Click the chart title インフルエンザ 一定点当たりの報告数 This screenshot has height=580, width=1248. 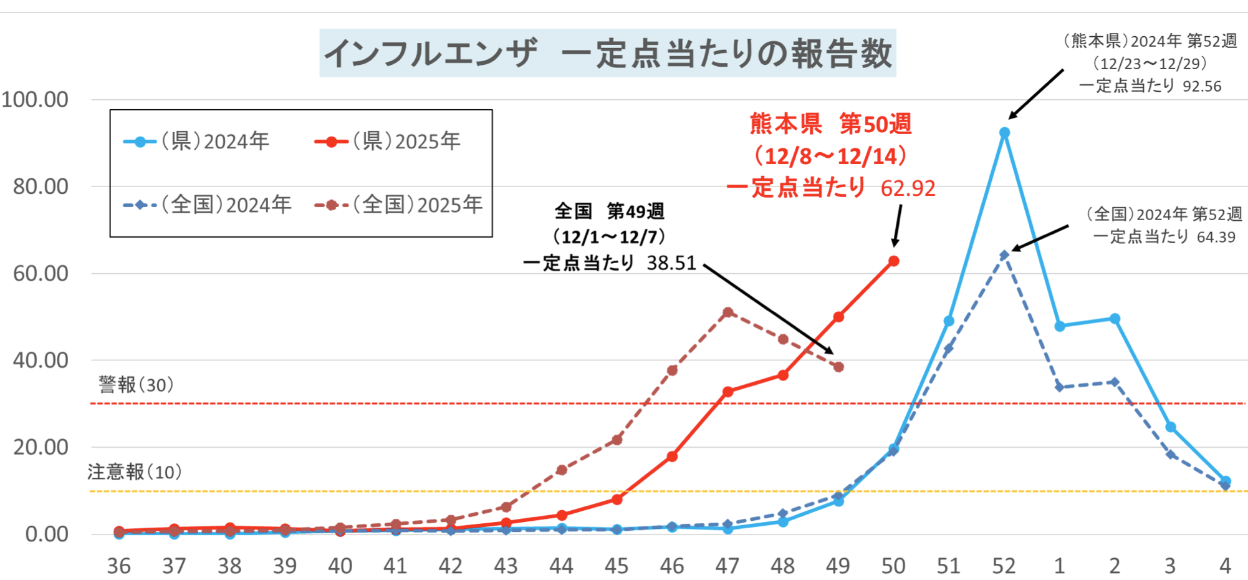click(608, 53)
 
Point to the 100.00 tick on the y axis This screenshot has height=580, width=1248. click(35, 100)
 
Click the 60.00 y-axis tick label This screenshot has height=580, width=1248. click(41, 273)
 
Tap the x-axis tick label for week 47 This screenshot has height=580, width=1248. click(727, 566)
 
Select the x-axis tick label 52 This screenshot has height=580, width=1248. click(1004, 566)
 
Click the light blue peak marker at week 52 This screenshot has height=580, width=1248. click(1004, 133)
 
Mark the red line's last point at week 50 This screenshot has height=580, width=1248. click(893, 261)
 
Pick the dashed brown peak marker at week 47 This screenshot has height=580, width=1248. click(727, 312)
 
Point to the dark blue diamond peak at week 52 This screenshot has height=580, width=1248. click(1004, 255)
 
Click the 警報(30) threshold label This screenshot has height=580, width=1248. click(136, 385)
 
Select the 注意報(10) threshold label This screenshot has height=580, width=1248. click(135, 472)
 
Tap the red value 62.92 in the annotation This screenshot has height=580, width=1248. click(908, 188)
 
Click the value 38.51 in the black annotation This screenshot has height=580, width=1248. click(671, 263)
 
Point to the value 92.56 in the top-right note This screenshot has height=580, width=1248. click(1202, 87)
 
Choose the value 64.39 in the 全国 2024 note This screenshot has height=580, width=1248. click(1216, 237)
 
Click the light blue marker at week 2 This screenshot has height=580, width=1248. click(1115, 319)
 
